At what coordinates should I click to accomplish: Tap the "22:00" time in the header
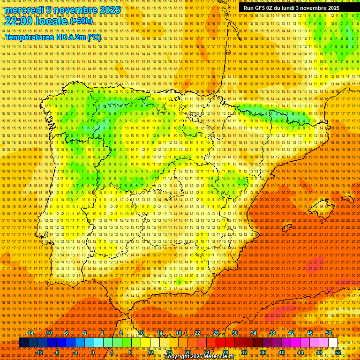point(19,21)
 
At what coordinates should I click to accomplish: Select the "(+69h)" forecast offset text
point(81,21)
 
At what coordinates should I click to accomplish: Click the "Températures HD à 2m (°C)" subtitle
point(53,37)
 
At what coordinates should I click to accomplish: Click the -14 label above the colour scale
point(30,333)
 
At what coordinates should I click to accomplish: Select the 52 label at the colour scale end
point(338,352)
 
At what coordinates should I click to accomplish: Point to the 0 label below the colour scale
point(93,352)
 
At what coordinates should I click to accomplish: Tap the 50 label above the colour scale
point(329,333)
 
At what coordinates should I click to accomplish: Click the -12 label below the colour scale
point(39,352)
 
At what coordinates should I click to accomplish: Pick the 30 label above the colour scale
point(234,333)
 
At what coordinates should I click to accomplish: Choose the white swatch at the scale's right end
point(333,343)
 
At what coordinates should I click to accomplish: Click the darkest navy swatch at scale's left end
point(23,343)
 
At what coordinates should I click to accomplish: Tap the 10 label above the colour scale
point(141,333)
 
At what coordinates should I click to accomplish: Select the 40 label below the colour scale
point(281,352)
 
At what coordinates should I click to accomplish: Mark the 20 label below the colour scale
point(187,352)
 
